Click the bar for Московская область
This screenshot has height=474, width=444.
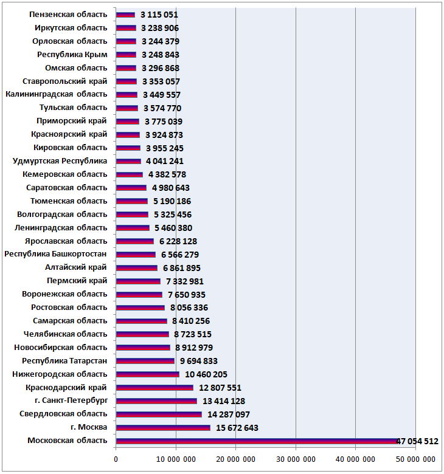click(x=257, y=441)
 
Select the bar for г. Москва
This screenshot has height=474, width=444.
click(x=163, y=428)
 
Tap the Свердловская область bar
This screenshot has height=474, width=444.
click(x=159, y=414)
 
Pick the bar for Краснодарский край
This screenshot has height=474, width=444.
click(x=154, y=388)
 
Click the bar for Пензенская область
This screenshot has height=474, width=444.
click(x=126, y=15)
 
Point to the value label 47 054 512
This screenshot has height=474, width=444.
click(x=417, y=441)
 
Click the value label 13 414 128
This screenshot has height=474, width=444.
click(x=224, y=401)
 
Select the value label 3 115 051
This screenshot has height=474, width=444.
click(x=159, y=15)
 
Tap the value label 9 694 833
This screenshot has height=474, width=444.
click(x=198, y=361)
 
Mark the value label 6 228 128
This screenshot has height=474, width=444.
click(x=178, y=241)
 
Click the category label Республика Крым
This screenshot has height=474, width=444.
click(x=72, y=55)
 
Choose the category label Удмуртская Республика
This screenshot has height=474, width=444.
click(x=60, y=161)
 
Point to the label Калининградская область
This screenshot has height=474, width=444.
click(x=57, y=94)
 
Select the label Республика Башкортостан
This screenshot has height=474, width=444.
click(x=55, y=254)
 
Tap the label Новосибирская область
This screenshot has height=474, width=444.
click(x=61, y=348)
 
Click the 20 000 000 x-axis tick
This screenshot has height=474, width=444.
click(x=235, y=459)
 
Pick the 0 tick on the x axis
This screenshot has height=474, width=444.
click(x=116, y=459)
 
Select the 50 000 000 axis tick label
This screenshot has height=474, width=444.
click(x=415, y=459)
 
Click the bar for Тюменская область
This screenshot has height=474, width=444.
click(x=132, y=201)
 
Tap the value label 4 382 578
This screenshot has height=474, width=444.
click(x=167, y=175)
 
